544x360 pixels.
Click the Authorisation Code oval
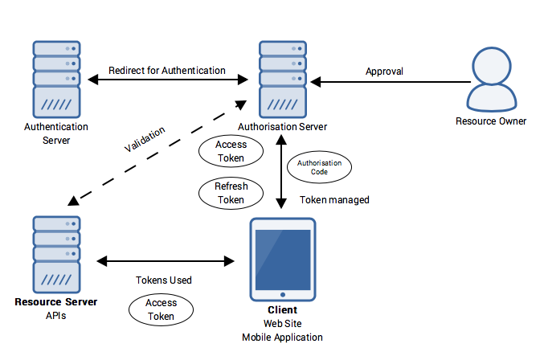pyautogui.click(x=320, y=167)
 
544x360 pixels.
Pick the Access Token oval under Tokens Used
pyautogui.click(x=162, y=309)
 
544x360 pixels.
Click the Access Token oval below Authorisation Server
pyautogui.click(x=231, y=151)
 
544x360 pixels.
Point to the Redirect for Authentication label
pyautogui.click(x=166, y=71)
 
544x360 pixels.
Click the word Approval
pyautogui.click(x=384, y=72)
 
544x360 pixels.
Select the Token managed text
pyautogui.click(x=334, y=200)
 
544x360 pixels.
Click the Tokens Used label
pyautogui.click(x=164, y=280)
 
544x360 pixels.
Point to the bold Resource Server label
pyautogui.click(x=56, y=302)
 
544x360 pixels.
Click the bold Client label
pyautogui.click(x=282, y=310)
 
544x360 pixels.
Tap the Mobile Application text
pyautogui.click(x=282, y=337)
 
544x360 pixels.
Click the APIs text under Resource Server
pyautogui.click(x=56, y=316)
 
